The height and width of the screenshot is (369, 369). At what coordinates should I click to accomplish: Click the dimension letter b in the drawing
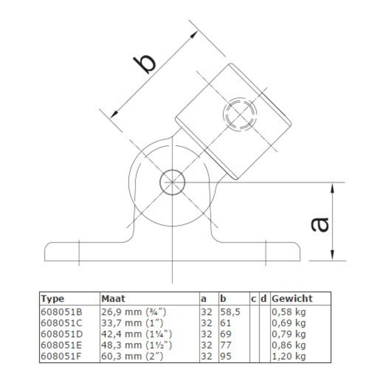145,64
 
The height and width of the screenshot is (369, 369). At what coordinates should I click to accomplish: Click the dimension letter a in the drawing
319,224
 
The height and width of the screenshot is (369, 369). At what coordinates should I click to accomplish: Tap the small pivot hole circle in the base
172,182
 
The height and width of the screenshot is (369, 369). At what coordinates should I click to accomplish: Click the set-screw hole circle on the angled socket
240,114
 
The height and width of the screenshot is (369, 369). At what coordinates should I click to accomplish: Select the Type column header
53,299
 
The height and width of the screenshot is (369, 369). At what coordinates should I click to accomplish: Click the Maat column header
113,298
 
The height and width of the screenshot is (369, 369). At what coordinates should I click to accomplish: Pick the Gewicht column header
292,299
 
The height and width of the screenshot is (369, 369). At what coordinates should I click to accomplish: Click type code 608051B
61,312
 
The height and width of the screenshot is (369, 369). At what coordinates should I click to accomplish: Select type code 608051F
61,356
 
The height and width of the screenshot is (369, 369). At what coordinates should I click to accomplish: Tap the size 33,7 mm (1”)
132,323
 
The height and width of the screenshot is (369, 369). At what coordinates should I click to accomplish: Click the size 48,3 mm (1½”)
137,345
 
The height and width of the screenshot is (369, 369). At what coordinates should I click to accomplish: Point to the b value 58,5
230,312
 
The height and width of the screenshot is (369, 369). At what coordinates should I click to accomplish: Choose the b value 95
226,356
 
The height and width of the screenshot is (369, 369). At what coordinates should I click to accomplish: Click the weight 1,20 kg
289,356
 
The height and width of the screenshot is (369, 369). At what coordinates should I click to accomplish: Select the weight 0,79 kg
289,334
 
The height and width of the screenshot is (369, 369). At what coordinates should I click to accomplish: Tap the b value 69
226,334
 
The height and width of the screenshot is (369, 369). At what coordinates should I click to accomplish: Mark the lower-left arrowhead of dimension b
114,114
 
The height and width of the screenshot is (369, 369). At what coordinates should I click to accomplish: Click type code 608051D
62,334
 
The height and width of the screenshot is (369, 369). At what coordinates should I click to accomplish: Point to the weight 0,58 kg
289,312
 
